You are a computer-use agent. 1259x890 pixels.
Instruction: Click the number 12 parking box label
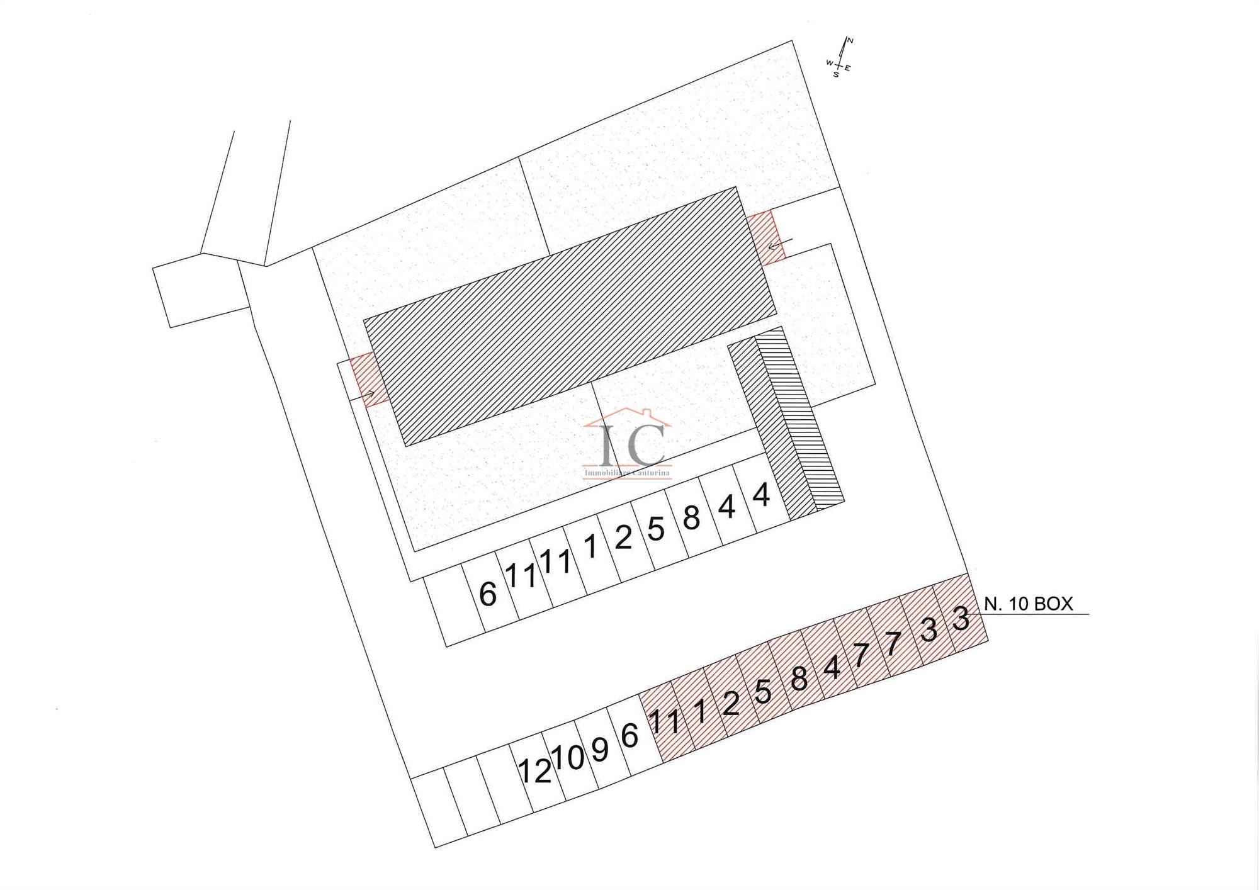[x=534, y=770]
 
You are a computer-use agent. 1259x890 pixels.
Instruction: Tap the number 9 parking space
[x=600, y=749]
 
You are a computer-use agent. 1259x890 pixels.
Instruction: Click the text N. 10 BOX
[x=1028, y=604]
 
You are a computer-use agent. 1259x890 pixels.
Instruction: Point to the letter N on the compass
[x=850, y=41]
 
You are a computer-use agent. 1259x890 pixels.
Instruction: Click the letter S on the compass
[x=836, y=75]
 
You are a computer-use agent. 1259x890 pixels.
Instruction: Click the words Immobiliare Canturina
[x=627, y=473]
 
